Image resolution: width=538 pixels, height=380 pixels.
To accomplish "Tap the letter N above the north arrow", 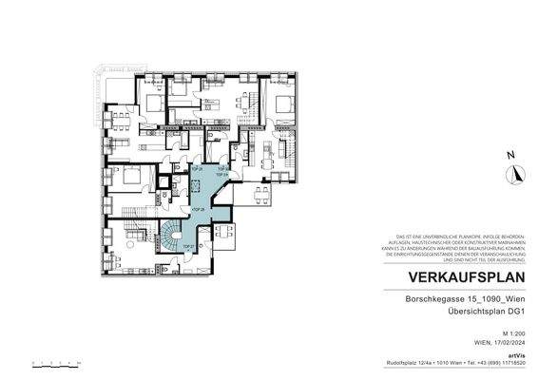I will pyautogui.click(x=510, y=155).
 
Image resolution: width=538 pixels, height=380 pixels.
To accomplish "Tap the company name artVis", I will pyautogui.click(x=519, y=355).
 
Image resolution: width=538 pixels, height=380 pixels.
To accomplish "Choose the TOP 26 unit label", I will pyautogui.click(x=198, y=209).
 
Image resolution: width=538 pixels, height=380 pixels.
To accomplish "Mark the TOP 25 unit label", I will pyautogui.click(x=197, y=168).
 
